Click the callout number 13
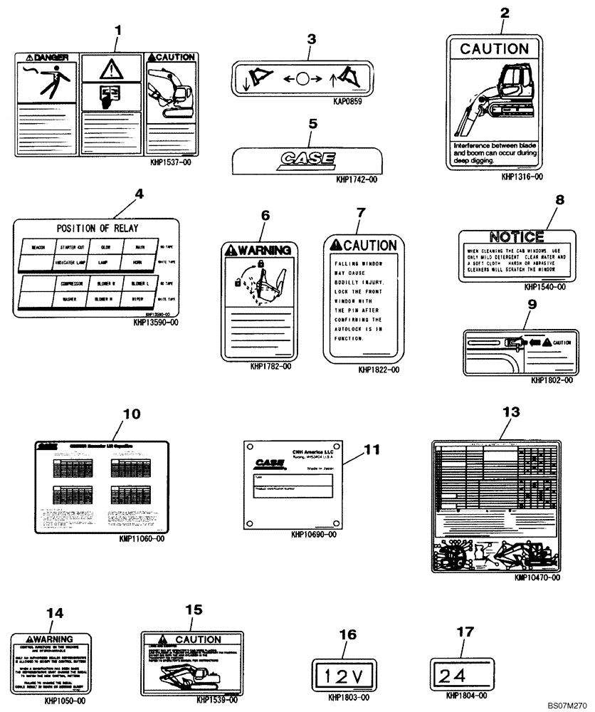click(511, 412)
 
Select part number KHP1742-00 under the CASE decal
click(357, 180)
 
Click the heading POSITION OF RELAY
click(98, 229)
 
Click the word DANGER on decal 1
click(46, 56)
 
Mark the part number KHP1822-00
click(379, 370)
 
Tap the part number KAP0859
click(348, 102)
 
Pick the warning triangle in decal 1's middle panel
click(110, 69)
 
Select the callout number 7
click(360, 212)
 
